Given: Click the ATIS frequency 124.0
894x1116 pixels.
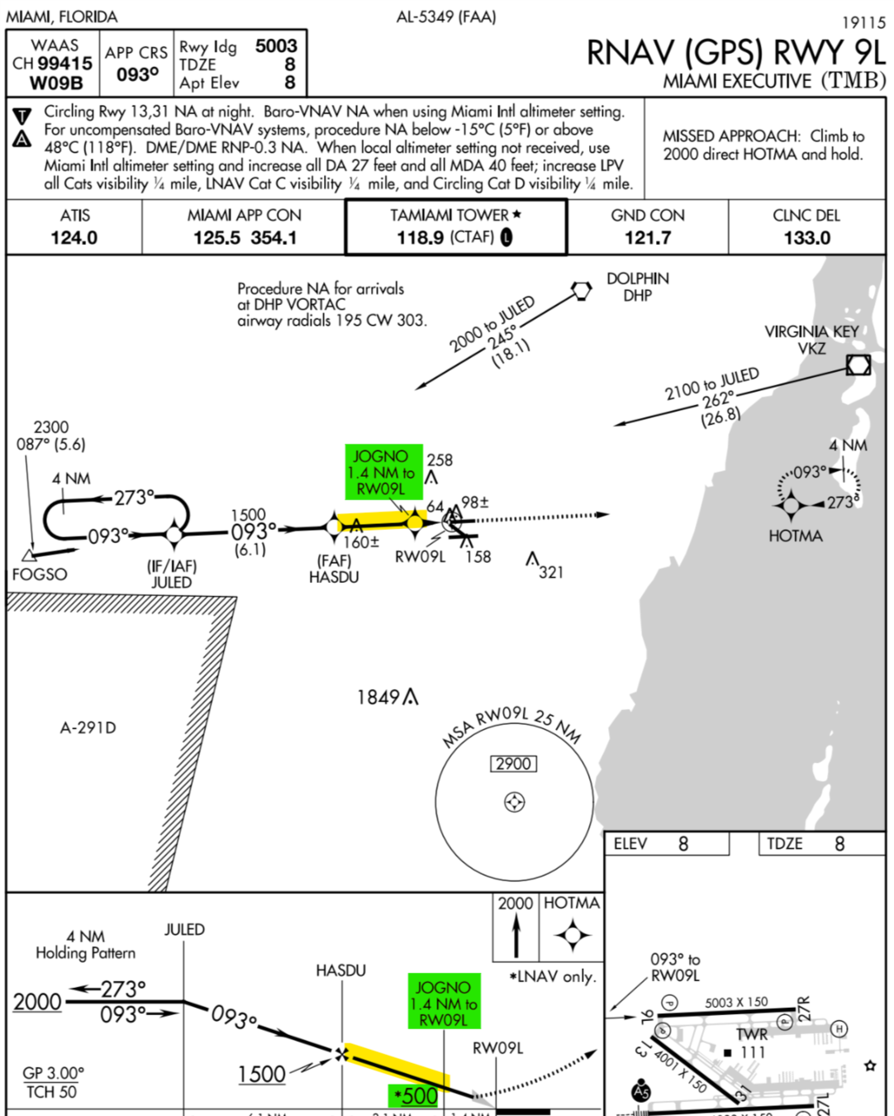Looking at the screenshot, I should [x=74, y=238].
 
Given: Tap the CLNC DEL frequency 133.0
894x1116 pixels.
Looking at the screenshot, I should [x=806, y=238].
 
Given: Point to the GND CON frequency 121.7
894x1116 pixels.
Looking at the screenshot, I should [x=648, y=238].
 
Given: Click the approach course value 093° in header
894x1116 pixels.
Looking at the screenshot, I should [x=137, y=75].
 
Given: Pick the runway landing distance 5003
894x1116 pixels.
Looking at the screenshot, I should [x=276, y=46].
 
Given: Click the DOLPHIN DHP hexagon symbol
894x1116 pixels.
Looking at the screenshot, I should [x=582, y=290].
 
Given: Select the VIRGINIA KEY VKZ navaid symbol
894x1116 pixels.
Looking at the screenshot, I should [x=858, y=365].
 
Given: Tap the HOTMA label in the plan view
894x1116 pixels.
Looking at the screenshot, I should [x=795, y=536].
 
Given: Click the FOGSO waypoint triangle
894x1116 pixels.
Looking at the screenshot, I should [x=30, y=554].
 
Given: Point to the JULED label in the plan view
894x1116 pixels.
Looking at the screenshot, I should [x=171, y=582].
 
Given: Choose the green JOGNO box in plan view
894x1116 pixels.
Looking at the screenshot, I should [x=380, y=472].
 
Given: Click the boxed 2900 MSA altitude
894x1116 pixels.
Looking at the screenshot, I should [x=513, y=764].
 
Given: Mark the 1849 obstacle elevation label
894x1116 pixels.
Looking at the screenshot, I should [x=378, y=698].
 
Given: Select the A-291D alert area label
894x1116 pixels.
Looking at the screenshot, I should [x=88, y=727].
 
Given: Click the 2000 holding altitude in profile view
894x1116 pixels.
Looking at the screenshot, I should [x=37, y=1002].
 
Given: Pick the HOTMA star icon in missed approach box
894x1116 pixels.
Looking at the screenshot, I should [x=572, y=936].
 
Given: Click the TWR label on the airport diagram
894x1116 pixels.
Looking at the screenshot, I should [x=751, y=1034].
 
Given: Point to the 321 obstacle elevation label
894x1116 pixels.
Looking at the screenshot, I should [x=551, y=572].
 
